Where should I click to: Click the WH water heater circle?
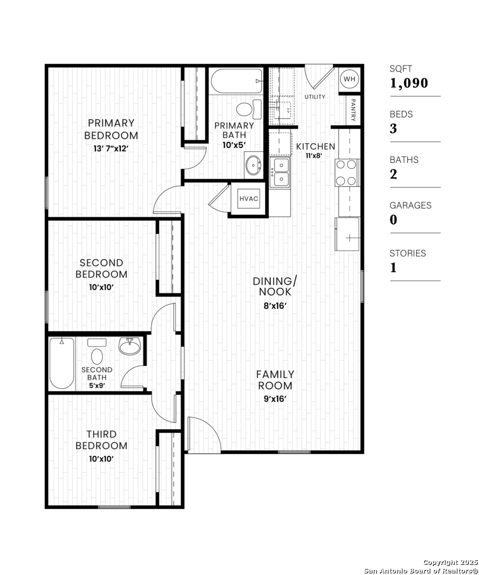coord(349,79)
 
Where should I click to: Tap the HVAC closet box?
coord(249,199)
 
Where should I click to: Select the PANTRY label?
coord(353,110)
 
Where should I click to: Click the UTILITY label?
coord(315,97)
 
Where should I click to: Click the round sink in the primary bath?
coord(253,165)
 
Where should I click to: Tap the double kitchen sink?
coord(280,172)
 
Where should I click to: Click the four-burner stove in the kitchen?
coord(347,172)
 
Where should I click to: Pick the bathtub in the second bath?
coord(62,364)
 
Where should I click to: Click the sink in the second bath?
coord(130,346)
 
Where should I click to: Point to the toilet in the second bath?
coord(97,352)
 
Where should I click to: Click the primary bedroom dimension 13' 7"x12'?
coord(111,149)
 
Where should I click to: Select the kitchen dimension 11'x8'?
coord(314,155)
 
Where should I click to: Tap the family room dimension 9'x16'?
coord(275,399)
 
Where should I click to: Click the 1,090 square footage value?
coord(409,83)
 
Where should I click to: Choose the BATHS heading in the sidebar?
coord(404,160)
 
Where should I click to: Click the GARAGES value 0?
coord(393,220)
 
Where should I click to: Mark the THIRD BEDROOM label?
coord(102,440)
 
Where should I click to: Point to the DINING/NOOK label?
coord(275,286)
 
